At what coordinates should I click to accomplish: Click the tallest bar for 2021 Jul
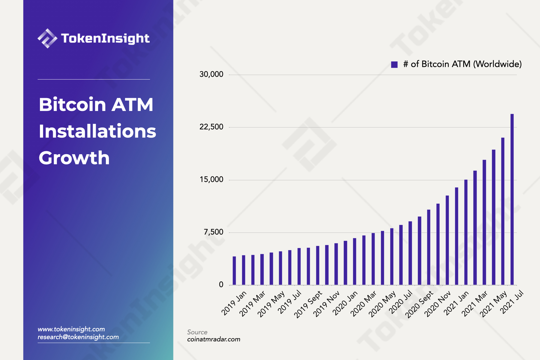click(512, 199)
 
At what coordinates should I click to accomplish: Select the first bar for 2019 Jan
click(234, 271)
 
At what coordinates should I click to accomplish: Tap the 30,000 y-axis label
click(211, 74)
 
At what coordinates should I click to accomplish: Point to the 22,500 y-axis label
click(211, 127)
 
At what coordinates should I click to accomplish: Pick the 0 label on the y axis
click(221, 285)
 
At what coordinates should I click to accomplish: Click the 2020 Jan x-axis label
click(345, 303)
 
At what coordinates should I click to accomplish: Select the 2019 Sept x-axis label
click(308, 304)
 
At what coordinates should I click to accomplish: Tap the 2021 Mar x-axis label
click(475, 303)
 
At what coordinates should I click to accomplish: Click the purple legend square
click(394, 64)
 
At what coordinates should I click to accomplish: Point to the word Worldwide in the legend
click(497, 64)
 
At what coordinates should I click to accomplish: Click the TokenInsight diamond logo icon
click(47, 38)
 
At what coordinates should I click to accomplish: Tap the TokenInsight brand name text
click(105, 38)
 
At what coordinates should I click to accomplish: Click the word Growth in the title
click(74, 158)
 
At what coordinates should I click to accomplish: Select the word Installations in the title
click(97, 131)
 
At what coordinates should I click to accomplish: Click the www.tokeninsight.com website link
click(71, 329)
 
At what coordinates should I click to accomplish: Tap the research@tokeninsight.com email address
click(78, 337)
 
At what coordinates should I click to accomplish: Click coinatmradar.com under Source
click(214, 339)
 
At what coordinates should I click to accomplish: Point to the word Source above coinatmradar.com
click(197, 332)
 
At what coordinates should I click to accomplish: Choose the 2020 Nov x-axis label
click(438, 304)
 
